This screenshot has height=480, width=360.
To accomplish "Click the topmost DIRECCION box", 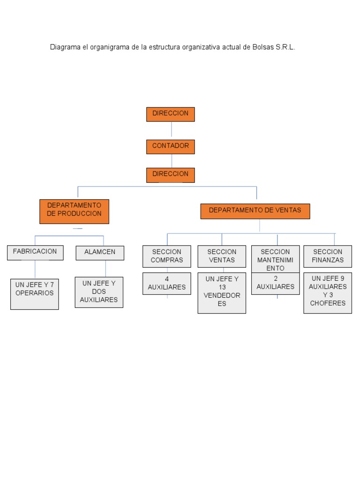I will [170, 114].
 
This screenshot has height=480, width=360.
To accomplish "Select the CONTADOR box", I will [170, 146].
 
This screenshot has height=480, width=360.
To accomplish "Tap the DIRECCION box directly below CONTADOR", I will [170, 174].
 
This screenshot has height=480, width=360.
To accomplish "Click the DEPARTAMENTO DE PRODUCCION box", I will [74, 211].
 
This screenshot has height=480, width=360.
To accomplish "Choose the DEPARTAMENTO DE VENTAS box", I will [255, 211].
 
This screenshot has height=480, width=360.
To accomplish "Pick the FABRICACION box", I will [35, 253].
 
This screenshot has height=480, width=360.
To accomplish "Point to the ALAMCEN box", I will [100, 253].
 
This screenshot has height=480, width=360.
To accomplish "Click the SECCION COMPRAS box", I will [167, 256].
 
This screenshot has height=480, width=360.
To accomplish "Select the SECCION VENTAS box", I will [222, 256].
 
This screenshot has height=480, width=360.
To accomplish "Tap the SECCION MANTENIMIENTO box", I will [275, 259].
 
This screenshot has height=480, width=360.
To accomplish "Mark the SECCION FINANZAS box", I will [328, 256].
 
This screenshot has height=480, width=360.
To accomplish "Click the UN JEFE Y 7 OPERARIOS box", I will [35, 294].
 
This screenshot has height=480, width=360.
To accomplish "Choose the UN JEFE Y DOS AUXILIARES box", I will [99, 292].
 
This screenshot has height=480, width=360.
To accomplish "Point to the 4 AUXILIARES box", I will [167, 284].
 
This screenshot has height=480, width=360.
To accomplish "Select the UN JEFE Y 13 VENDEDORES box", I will [222, 293].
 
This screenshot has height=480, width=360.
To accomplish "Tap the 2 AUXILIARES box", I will [275, 284].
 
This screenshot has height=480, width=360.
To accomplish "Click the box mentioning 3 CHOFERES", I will [328, 293].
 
